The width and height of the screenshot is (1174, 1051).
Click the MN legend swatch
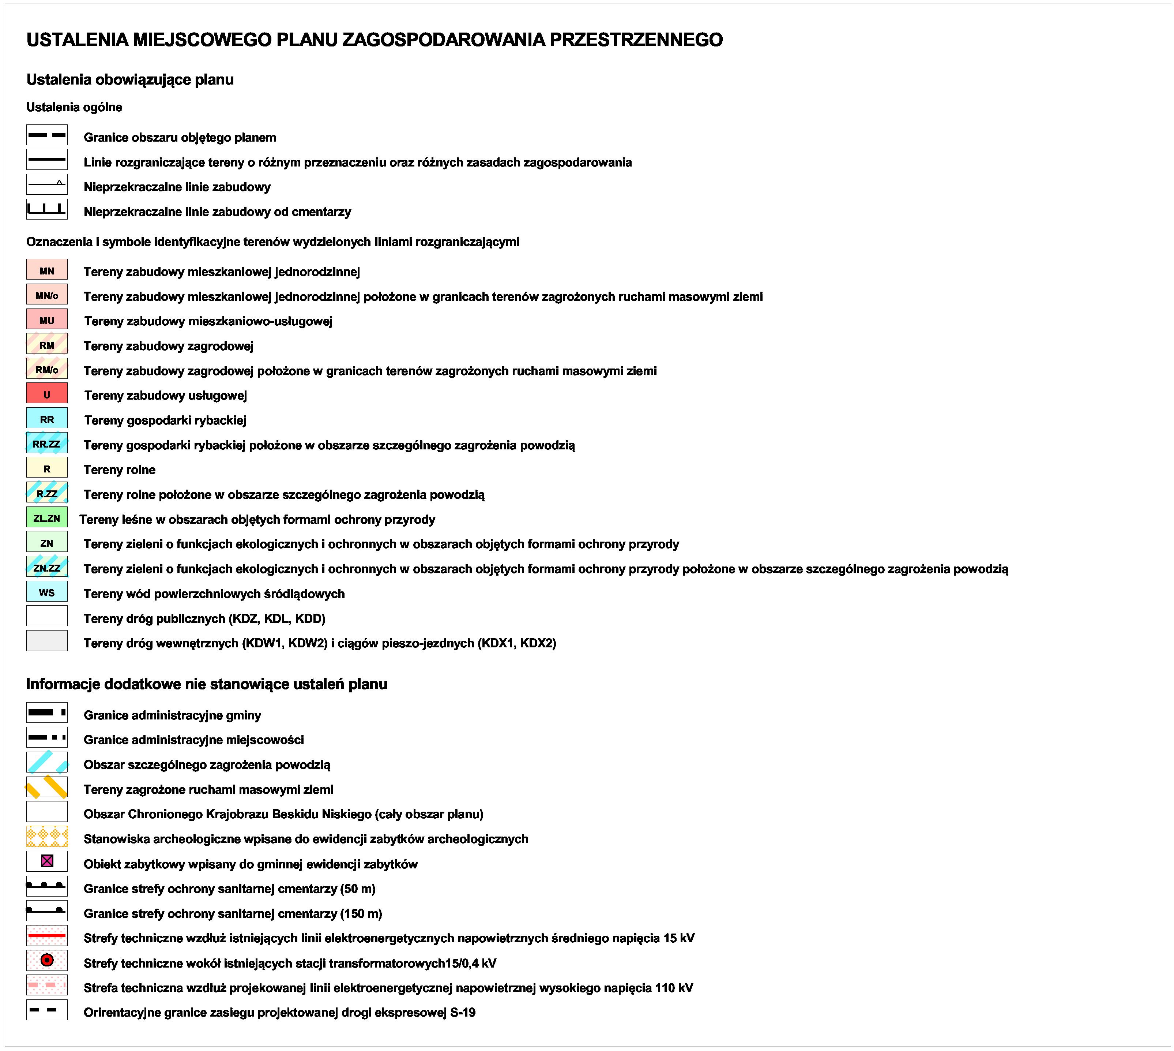47,270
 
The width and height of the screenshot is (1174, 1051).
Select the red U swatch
47,394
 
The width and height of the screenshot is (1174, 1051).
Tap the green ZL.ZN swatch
47,517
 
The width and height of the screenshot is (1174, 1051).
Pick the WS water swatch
47,592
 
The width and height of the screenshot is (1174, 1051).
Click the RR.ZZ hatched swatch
47,444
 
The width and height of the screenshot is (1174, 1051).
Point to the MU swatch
47,319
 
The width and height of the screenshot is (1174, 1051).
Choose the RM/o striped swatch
47,369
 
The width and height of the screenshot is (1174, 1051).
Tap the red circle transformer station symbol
47,960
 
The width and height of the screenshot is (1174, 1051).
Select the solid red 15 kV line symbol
47,935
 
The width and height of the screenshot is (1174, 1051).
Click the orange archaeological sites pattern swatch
47,837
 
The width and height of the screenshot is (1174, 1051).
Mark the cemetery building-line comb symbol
47,209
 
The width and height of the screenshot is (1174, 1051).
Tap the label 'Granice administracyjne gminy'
172,715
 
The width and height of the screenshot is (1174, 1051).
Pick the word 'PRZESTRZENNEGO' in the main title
636,40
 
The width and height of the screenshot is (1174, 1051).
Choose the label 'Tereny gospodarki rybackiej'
165,420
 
